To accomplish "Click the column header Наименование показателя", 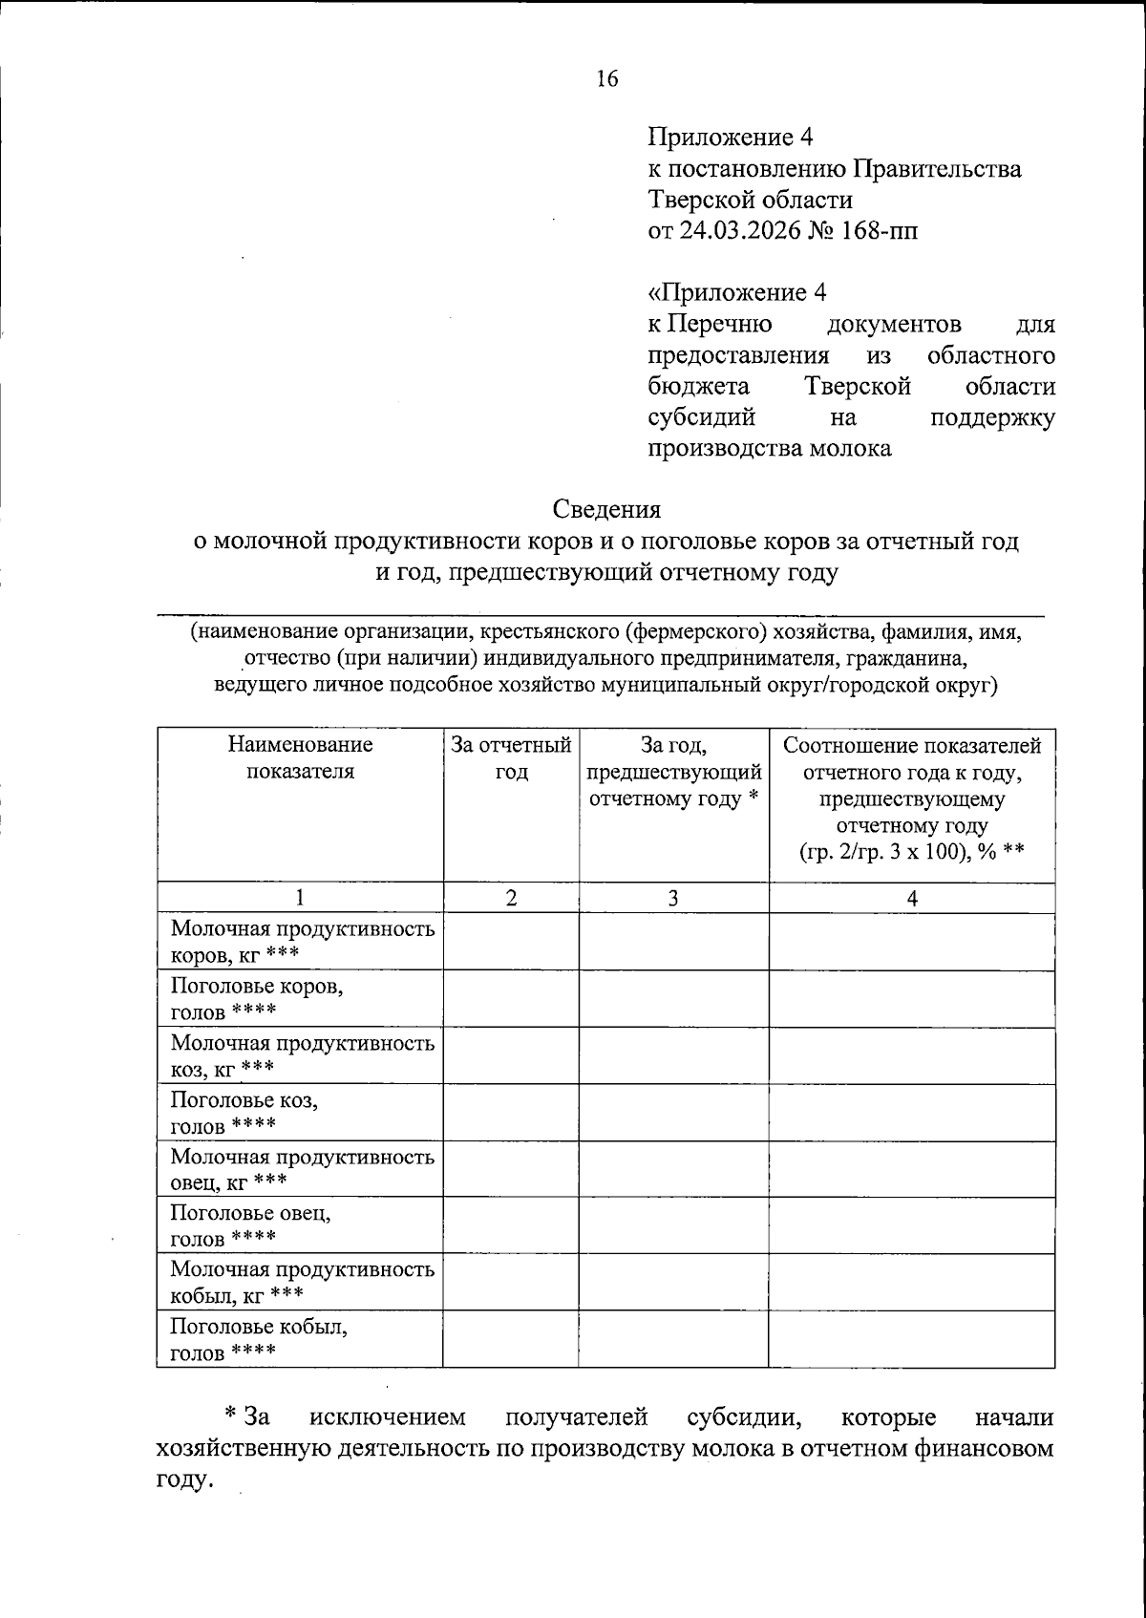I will (x=300, y=758).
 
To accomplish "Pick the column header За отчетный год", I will (x=511, y=758).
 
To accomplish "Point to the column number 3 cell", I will (x=673, y=898).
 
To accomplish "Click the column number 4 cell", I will (x=912, y=898).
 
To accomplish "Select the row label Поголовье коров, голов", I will (x=257, y=998).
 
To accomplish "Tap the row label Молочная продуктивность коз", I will (x=302, y=1055).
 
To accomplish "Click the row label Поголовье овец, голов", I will (x=250, y=1225).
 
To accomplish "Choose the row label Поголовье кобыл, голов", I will (x=258, y=1339).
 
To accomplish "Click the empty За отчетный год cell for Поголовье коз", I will (x=511, y=1112).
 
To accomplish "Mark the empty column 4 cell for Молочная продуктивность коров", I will (x=912, y=942).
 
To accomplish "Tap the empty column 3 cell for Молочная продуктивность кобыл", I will (x=673, y=1282).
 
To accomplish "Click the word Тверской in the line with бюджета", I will (x=857, y=387).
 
